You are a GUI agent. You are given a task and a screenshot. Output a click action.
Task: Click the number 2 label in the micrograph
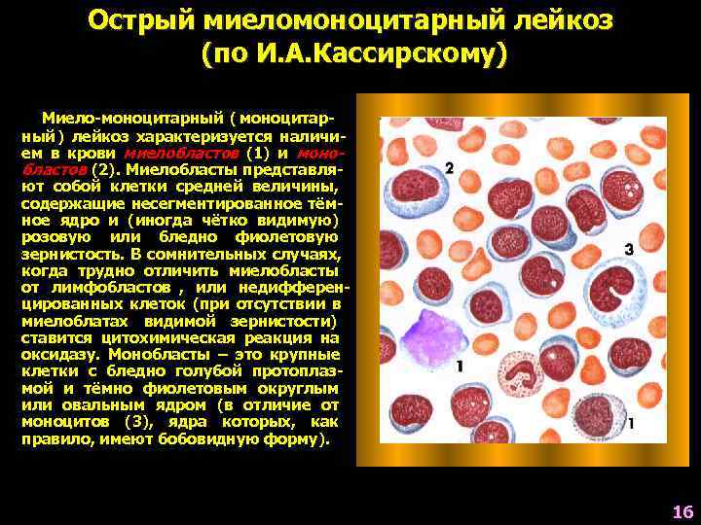449,168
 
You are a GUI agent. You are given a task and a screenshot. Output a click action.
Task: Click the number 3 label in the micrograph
629,250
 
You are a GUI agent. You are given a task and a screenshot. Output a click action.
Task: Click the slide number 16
681,511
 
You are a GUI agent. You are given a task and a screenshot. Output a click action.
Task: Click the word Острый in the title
142,20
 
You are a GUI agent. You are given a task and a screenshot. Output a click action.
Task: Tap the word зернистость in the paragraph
63,252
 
